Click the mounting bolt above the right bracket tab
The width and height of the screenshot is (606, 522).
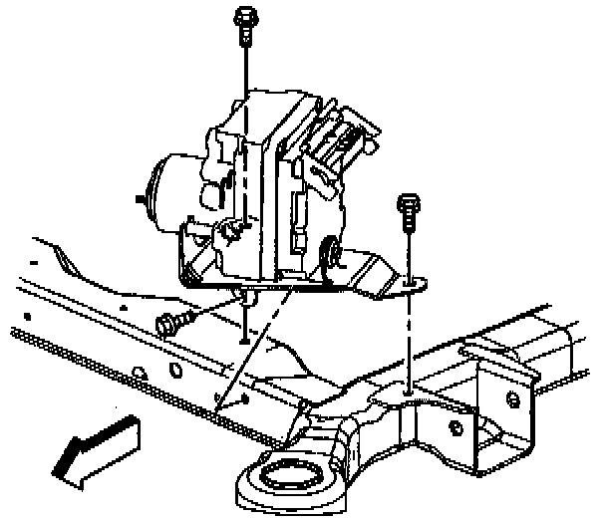(408, 214)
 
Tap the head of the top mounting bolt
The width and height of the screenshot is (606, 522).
(243, 15)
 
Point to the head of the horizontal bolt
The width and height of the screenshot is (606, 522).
(164, 324)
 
